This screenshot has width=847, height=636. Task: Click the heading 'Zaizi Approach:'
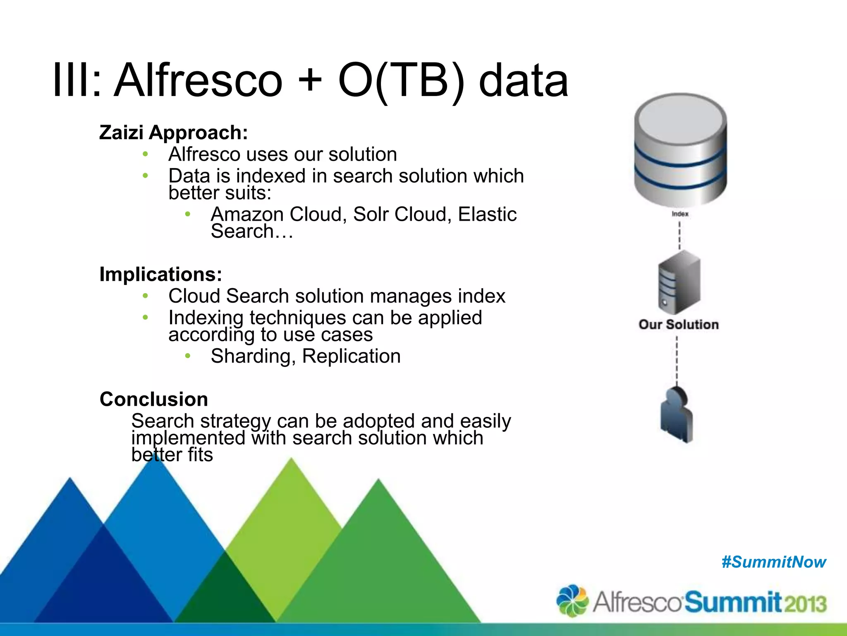(174, 133)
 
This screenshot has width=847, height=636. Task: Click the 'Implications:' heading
(161, 275)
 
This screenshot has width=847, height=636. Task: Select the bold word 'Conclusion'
(154, 400)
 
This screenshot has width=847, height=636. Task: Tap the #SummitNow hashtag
(773, 562)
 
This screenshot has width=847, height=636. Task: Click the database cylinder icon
(680, 149)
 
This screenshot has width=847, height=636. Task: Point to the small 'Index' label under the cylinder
(680, 214)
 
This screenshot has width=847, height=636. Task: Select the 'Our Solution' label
(679, 325)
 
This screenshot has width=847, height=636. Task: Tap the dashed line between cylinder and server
(680, 235)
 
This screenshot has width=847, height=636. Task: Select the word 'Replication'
(352, 357)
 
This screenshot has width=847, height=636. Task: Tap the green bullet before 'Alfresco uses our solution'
(145, 154)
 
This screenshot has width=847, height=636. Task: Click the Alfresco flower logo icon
(572, 600)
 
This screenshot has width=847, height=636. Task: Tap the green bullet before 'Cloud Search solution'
(145, 296)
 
